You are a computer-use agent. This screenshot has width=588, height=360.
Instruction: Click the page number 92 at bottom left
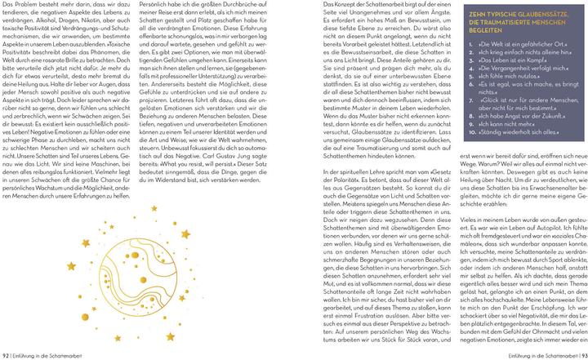(x=6, y=355)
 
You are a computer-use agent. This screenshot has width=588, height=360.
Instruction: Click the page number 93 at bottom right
(x=581, y=355)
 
